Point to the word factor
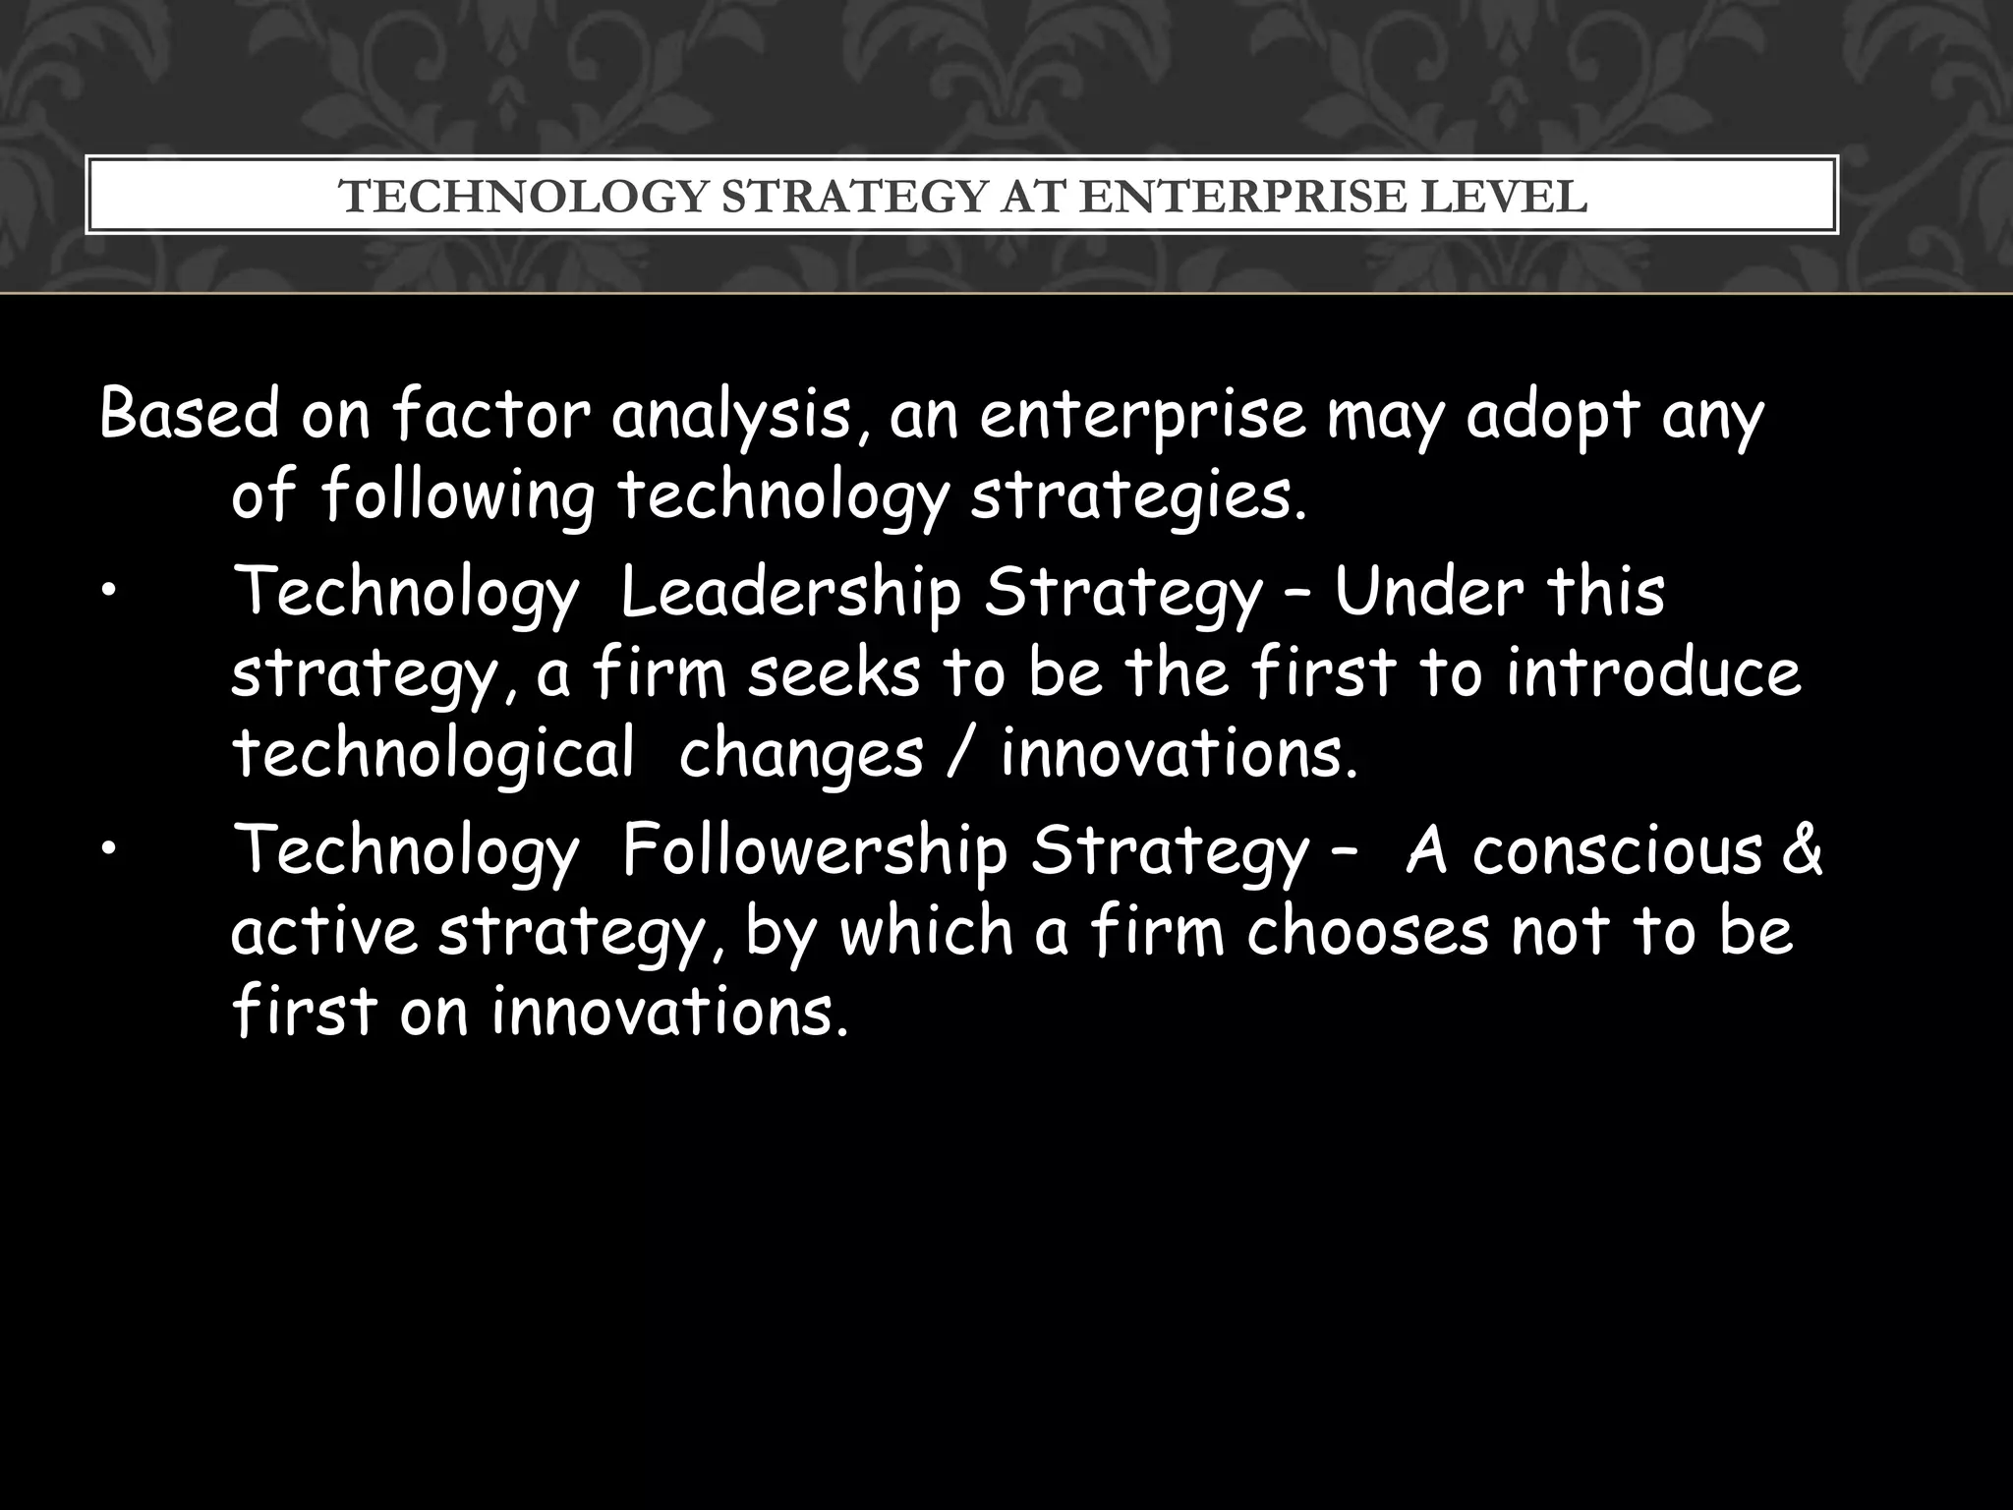coord(491,415)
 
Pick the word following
coord(458,496)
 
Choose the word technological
coord(433,755)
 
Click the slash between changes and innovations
coord(962,755)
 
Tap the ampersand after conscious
coord(1801,851)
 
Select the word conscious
coord(1617,851)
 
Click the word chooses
coord(1369,931)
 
